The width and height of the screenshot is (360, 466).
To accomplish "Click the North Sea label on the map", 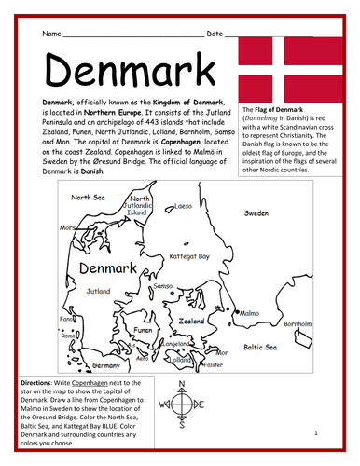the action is point(89,198).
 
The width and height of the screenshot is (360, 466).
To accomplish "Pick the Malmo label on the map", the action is point(249,313).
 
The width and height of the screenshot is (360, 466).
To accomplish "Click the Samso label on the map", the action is point(162,286).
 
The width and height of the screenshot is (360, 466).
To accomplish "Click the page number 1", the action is point(317,433).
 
